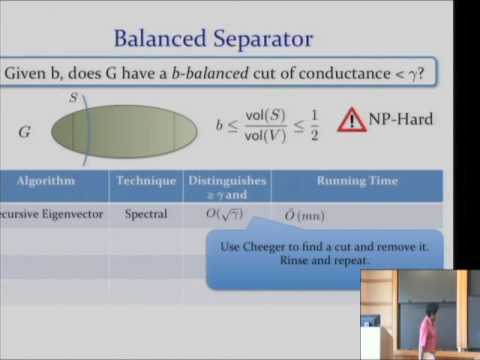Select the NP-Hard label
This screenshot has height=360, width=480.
coord(401,120)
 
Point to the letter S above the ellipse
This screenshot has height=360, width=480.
coord(73,97)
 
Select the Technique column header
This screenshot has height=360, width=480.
coord(146,181)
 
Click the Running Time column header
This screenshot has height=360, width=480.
coord(357,181)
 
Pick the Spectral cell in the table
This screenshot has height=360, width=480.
coord(146,214)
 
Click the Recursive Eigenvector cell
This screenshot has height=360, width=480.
coord(50,214)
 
